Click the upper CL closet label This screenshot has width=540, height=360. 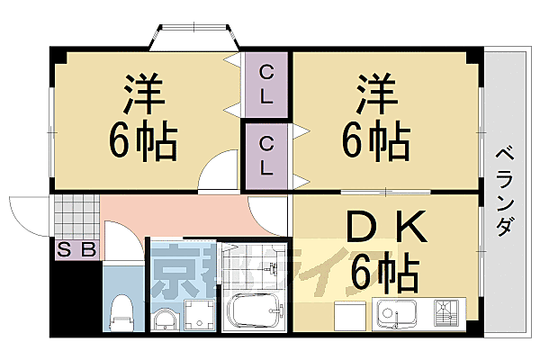point(266,86)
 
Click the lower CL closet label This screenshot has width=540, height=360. point(267,155)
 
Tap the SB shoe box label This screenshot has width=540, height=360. point(76,249)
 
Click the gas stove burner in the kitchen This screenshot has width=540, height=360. point(447,312)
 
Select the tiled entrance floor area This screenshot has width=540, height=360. point(75,215)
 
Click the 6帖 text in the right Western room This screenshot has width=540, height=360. point(375,139)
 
